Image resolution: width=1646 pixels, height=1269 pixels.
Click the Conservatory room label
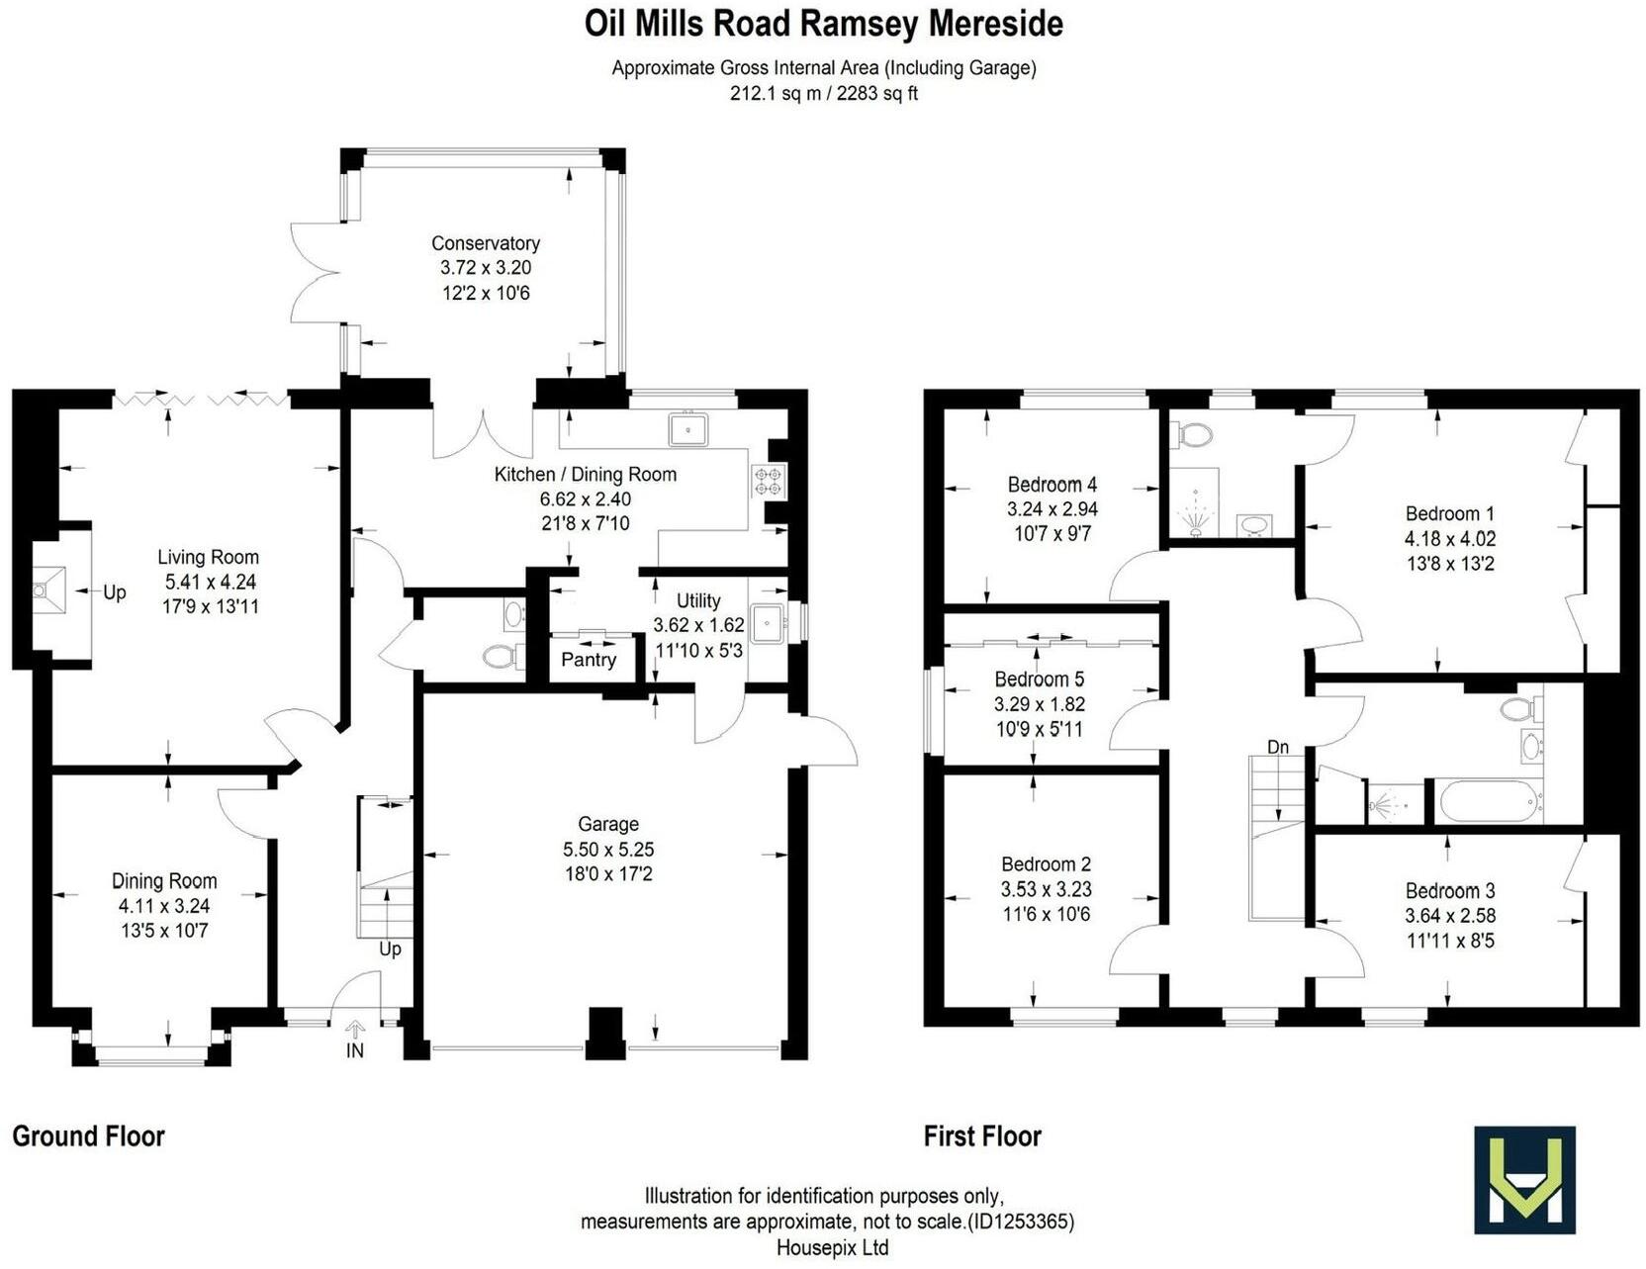click(x=485, y=243)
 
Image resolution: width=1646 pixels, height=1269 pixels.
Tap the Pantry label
click(x=589, y=660)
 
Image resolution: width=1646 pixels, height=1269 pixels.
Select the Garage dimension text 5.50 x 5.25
click(x=608, y=850)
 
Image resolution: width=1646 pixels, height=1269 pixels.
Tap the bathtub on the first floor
click(x=1488, y=801)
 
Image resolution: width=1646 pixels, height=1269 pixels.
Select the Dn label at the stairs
click(x=1278, y=747)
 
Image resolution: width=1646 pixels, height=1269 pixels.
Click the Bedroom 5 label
click(x=1039, y=680)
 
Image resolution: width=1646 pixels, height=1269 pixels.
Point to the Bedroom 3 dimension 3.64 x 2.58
click(x=1450, y=916)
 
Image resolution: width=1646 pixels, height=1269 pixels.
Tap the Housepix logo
click(x=1523, y=1179)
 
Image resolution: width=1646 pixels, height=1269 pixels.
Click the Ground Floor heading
click(x=88, y=1136)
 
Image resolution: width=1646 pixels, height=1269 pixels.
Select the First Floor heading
click(x=982, y=1136)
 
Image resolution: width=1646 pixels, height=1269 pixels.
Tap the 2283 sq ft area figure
click(x=877, y=94)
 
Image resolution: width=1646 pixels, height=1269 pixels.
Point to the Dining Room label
click(x=164, y=881)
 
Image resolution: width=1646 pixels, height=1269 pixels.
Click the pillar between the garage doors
click(x=605, y=1033)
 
